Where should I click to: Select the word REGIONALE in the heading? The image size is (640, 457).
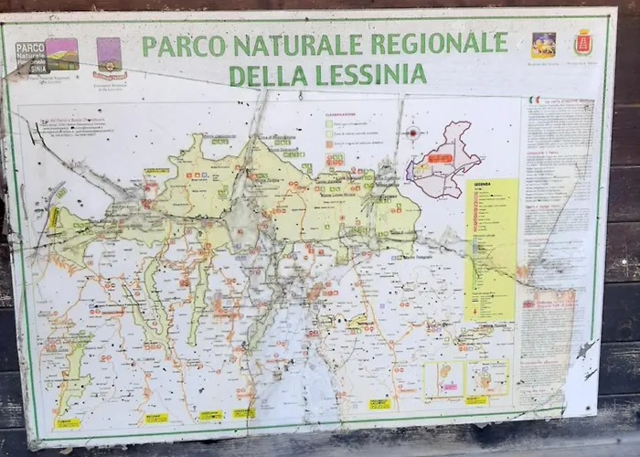pos(437,43)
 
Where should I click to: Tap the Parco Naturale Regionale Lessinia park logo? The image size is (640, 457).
pos(46,56)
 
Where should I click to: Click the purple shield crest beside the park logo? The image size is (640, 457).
pos(109,56)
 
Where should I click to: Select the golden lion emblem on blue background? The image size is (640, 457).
pos(543,45)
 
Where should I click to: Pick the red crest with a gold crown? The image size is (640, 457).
pos(582,42)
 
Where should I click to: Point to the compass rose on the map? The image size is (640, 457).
pos(412,133)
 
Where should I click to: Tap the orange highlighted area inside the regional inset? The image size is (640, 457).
pos(440,158)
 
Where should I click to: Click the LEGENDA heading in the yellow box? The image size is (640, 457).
pos(482,186)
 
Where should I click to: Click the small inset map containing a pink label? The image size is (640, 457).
pos(444,378)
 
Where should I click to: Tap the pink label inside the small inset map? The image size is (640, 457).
pos(448,387)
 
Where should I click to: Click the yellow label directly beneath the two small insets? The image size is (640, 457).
pos(475,399)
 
